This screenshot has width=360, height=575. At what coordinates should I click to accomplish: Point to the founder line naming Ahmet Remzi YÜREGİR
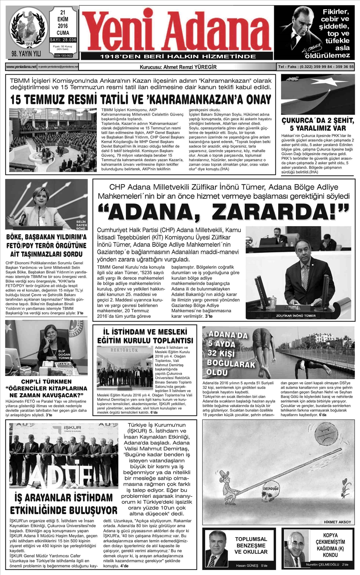click(178, 67)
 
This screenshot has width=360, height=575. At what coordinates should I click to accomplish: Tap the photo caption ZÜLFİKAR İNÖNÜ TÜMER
click(296, 316)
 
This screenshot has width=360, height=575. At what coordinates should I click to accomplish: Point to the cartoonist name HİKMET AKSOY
click(337, 522)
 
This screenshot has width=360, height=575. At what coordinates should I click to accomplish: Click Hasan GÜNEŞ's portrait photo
click(217, 549)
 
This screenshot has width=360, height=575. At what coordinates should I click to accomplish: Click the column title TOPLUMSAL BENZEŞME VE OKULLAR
click(251, 545)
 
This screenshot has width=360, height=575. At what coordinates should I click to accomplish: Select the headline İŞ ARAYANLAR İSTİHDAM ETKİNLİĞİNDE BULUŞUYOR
click(63, 504)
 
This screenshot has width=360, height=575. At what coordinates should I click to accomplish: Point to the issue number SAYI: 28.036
click(63, 40)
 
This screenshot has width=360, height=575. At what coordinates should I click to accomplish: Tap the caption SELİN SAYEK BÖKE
click(81, 225)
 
